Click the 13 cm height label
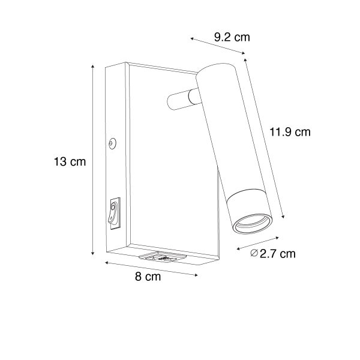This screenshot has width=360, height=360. [x=70, y=161]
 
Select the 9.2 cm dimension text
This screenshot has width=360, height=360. [x=232, y=37]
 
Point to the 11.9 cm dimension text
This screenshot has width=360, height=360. [x=290, y=132]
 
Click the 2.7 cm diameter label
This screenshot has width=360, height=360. [x=278, y=254]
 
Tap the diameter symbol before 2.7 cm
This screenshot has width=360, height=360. [x=254, y=254]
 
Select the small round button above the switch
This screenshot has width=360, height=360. [x=112, y=143]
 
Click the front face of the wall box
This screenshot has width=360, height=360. [x=168, y=156]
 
